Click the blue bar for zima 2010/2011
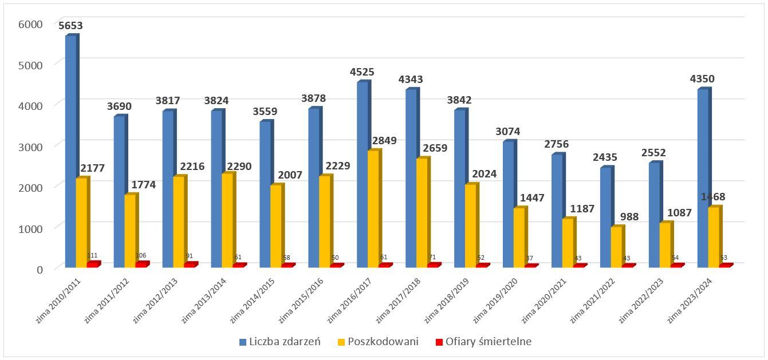click(x=71, y=152)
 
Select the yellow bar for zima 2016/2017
click(x=373, y=209)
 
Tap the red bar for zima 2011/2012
click(x=141, y=265)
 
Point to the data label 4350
click(x=702, y=79)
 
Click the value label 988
click(x=628, y=217)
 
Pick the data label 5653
click(x=70, y=26)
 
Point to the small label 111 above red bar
click(x=92, y=255)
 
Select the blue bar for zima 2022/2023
click(x=655, y=215)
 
